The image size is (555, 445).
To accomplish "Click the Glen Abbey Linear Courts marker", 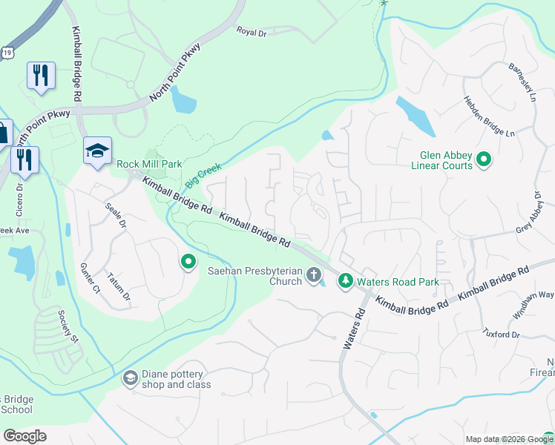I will pyautogui.click(x=484, y=159).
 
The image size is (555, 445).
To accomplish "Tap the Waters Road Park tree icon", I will pyautogui.click(x=345, y=281).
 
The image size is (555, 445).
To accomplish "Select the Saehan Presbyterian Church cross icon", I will pyautogui.click(x=314, y=276).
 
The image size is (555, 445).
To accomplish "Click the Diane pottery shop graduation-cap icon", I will pyautogui.click(x=130, y=378).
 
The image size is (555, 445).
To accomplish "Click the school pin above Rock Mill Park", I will pyautogui.click(x=97, y=151).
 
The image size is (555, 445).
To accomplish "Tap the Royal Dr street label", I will pyautogui.click(x=251, y=31).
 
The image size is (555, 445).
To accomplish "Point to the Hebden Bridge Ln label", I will pyautogui.click(x=489, y=116).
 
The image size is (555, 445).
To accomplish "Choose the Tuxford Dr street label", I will pyautogui.click(x=502, y=334).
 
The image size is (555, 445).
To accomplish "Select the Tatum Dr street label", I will pyautogui.click(x=119, y=286).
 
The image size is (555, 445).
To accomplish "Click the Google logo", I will pyautogui.click(x=24, y=436).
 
